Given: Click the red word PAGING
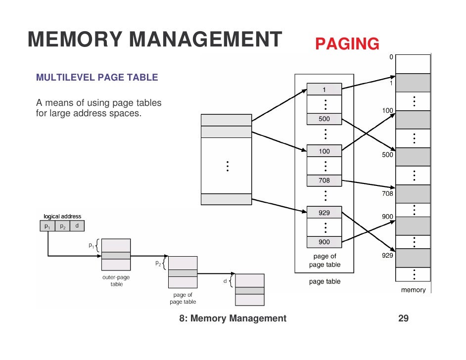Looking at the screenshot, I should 347,44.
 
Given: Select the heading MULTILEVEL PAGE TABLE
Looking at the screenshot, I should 97,78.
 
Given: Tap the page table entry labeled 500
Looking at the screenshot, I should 324,119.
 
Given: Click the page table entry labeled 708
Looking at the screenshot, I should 324,181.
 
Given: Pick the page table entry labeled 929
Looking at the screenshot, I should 324,213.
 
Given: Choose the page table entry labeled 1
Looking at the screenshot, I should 324,90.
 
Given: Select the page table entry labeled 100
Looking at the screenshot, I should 324,151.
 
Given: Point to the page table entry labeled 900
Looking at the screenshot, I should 324,242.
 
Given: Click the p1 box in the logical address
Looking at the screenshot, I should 47,226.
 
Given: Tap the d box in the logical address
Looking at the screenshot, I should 77,226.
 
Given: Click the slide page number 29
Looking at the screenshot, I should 403,318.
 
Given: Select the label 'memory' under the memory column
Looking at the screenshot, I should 413,290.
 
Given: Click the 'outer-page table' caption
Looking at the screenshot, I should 116,281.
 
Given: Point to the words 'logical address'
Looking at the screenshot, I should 62,217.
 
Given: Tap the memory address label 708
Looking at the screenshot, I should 387,194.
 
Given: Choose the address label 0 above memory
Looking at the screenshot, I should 391,57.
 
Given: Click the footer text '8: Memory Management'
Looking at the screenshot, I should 233,318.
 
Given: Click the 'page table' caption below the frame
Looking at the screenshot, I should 325,282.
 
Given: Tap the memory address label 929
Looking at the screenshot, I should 387,256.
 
